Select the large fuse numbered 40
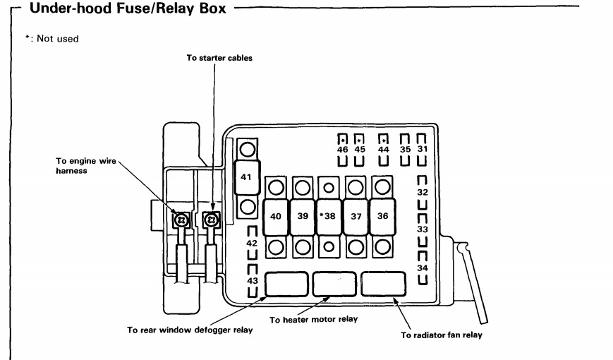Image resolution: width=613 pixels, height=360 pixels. coord(277,217)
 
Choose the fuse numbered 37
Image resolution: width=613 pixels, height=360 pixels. coord(356,217)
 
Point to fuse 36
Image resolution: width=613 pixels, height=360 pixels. coord(382,217)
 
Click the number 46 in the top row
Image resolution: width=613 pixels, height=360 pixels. coord(341,150)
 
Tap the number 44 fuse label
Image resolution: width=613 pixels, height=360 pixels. coord(384,150)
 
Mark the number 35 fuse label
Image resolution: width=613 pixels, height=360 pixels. coord(405,150)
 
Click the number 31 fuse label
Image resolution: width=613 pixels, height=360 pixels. coord(421,150)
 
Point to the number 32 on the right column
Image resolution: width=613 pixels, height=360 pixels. coord(421,191)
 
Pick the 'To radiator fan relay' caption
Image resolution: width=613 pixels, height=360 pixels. coord(442,335)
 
